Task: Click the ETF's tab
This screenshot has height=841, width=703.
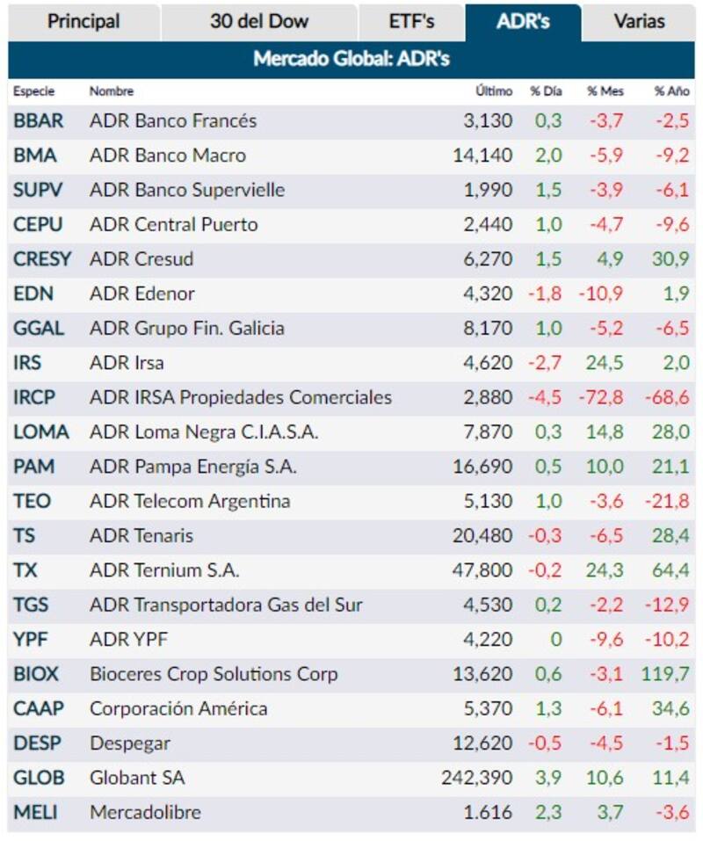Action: point(411,21)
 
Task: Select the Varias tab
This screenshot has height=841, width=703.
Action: point(639,21)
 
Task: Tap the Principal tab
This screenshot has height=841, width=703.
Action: point(83,21)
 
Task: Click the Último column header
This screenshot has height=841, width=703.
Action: point(493,91)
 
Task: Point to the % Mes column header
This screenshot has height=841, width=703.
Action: point(605,91)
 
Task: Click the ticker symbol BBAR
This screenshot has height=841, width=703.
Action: point(39,120)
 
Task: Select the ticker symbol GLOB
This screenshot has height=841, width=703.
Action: point(39,778)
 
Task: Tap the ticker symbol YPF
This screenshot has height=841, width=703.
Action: point(31,639)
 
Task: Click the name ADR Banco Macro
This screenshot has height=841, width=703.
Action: point(168,156)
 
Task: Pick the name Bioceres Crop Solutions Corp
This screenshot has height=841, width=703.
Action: point(214,674)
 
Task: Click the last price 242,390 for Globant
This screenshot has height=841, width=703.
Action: point(476,778)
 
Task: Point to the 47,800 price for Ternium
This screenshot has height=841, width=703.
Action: point(482,570)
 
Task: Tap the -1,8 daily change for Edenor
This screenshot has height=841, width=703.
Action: point(545,294)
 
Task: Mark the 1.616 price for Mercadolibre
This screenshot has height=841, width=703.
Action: point(488,812)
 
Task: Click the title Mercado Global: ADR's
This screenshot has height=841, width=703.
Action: point(351,60)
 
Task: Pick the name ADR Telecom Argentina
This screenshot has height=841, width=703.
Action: point(190,501)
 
